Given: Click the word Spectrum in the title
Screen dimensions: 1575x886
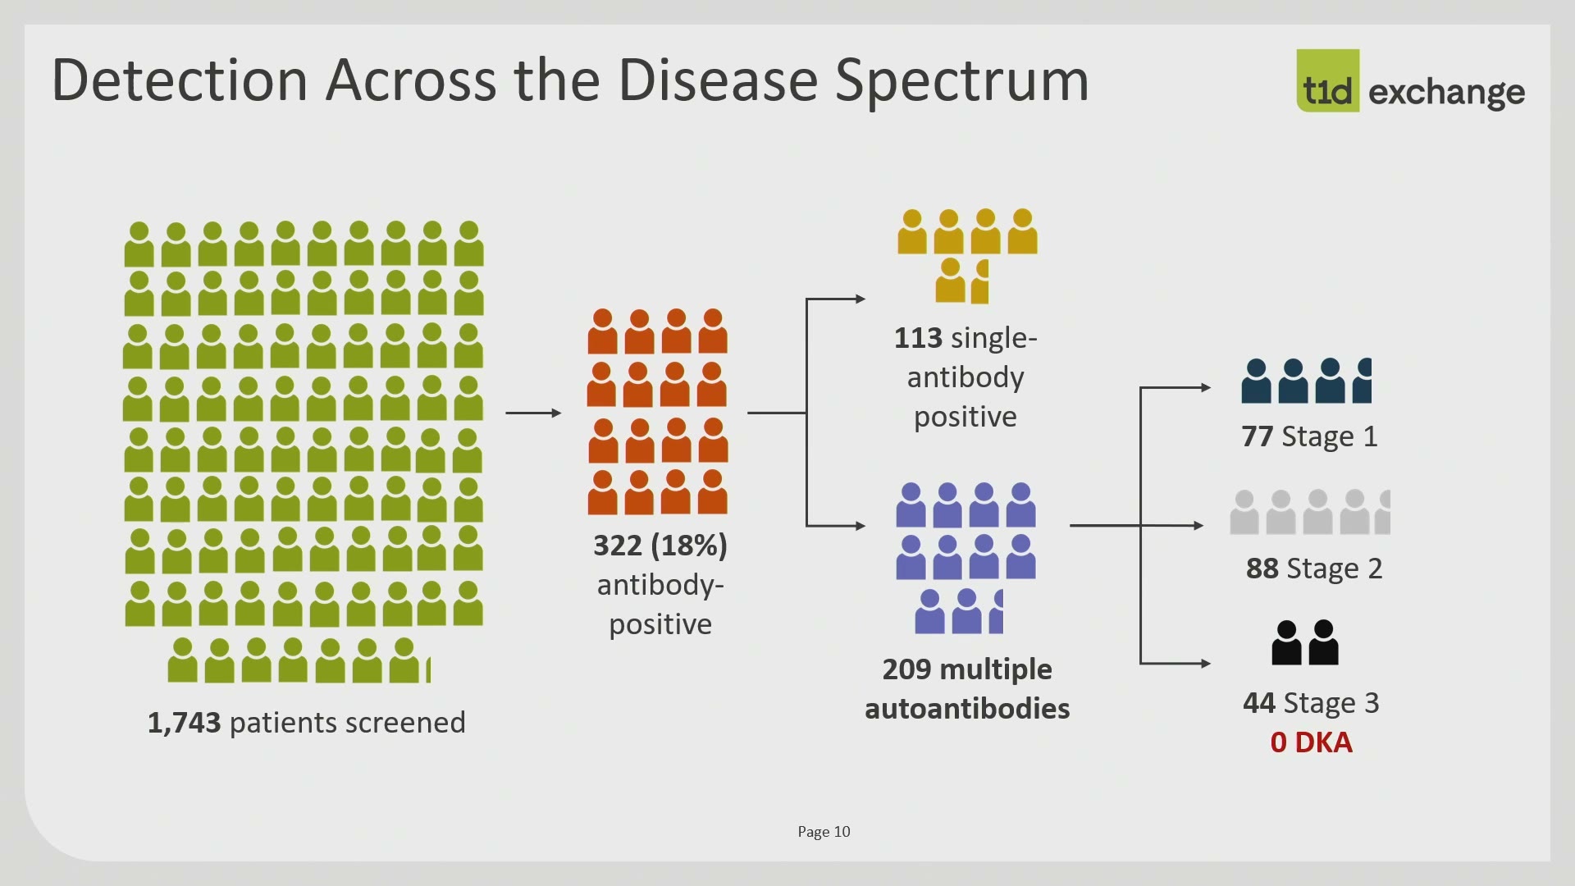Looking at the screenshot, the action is coord(961,81).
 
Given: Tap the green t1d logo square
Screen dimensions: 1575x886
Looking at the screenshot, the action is coord(1327,80).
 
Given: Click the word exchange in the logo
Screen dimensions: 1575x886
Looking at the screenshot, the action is coord(1447,92).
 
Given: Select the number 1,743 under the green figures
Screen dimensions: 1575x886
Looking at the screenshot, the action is coord(184,723).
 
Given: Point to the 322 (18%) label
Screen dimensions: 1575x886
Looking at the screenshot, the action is coord(660,546).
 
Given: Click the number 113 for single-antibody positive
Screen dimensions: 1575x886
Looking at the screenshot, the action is coord(918,338).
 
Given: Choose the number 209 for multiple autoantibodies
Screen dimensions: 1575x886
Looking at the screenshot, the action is coord(906,669).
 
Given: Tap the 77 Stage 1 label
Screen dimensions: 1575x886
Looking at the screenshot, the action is coord(1309,436).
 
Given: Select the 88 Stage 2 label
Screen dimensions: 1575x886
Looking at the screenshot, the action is coord(1313,569).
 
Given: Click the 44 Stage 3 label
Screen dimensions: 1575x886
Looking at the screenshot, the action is coord(1311,703).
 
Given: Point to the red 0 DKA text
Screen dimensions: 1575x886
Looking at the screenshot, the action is coord(1311,742).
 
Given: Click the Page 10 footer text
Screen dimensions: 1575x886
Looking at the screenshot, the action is coord(824,832).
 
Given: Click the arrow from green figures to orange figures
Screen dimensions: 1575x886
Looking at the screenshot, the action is coord(534,413).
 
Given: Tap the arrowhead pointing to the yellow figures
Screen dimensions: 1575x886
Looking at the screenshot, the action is coord(861,299).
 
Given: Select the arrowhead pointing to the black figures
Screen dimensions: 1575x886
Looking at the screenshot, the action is coord(1206,663).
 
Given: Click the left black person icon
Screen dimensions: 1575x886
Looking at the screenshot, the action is coord(1286,642).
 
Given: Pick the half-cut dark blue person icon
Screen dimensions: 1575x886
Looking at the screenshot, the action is coord(1363,381).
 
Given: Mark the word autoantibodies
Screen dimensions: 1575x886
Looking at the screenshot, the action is coord(967,709).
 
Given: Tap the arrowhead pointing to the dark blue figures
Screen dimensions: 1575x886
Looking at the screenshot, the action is coord(1206,387).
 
